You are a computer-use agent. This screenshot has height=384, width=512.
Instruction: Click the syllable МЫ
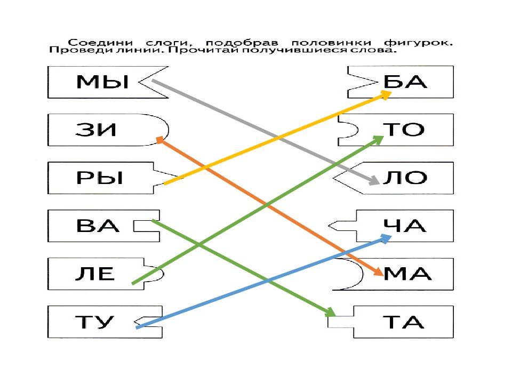tap(102, 82)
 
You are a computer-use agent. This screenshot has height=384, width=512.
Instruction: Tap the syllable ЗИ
tap(95, 130)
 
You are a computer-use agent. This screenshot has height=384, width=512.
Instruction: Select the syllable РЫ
tap(100, 178)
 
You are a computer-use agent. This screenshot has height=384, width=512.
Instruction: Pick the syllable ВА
tap(97, 226)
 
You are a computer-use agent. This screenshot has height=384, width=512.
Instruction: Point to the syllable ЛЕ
tap(95, 274)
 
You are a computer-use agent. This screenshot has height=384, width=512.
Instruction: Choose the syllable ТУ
tap(95, 322)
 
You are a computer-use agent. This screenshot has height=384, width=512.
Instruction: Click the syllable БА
tap(405, 82)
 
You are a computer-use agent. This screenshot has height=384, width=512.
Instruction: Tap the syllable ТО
tap(404, 130)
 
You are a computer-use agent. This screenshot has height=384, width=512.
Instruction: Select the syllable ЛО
tap(405, 178)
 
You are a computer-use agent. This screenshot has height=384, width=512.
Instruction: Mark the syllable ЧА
tap(405, 226)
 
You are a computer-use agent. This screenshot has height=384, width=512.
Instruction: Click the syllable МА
tap(407, 274)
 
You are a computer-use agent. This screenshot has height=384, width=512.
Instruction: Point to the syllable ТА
tap(404, 322)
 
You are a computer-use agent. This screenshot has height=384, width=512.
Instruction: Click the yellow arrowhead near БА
tap(385, 95)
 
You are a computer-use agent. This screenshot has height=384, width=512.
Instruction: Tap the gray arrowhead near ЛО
tap(373, 180)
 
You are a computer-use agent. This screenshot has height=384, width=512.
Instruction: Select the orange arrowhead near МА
tap(378, 271)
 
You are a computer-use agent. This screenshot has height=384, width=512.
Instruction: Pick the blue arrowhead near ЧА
tap(386, 238)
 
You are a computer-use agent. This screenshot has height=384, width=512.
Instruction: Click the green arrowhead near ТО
tap(378, 140)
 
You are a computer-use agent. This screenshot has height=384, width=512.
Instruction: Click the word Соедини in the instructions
tap(100, 43)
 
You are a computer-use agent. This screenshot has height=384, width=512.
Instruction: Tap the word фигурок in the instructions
tap(418, 43)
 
